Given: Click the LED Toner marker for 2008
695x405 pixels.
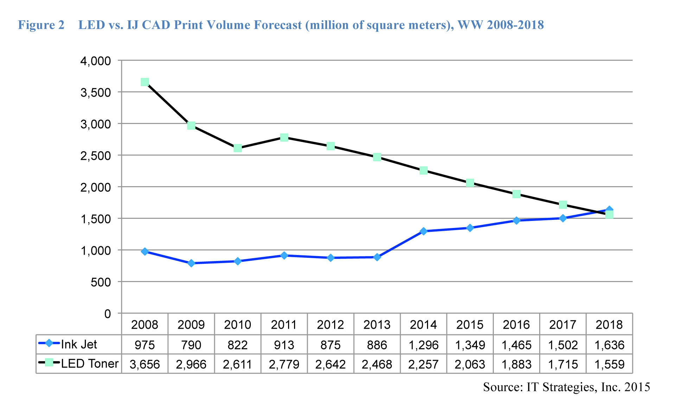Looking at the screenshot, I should coord(145,82).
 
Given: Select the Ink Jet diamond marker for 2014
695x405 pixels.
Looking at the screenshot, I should coord(423,231).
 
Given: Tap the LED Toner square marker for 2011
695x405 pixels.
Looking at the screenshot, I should coord(284,137).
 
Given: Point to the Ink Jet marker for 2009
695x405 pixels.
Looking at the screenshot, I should coord(191,263).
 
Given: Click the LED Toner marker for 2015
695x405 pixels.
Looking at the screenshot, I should coord(470,183).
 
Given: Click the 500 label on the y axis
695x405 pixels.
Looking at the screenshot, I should coord(101,282).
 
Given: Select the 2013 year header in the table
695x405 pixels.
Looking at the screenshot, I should coord(377,325).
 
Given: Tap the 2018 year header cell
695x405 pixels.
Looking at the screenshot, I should coord(609,325).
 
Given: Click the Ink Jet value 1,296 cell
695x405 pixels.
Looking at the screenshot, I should coord(423,345).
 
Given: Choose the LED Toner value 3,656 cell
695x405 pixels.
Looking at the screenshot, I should coord(145,364).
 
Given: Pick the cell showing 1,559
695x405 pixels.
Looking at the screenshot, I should coord(609,364).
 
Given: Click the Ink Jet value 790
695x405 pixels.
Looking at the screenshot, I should coord(191,345).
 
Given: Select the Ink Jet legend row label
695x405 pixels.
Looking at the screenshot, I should coord(79,344).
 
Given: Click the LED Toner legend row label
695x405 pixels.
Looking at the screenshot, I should coord(89,364).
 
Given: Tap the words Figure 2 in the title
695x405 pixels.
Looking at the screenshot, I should coord(41,25).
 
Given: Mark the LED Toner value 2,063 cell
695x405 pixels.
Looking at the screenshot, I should coord(470,364).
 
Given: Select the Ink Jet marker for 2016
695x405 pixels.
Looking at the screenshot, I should coord(516,221).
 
